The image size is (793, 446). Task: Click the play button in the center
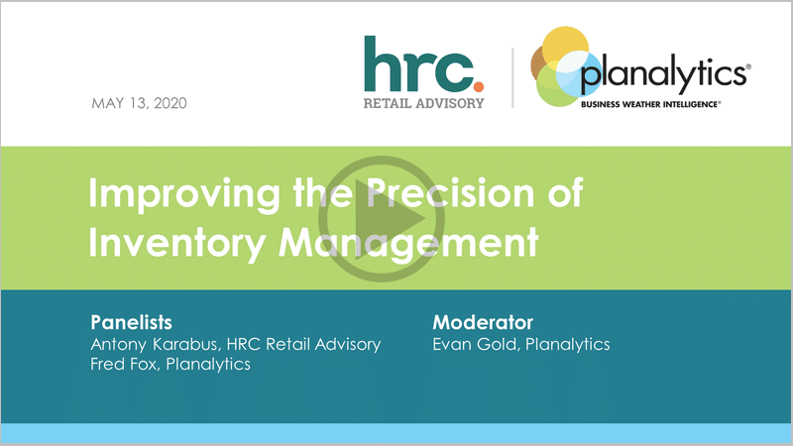pyautogui.click(x=382, y=219)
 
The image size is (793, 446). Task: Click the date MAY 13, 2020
pyautogui.click(x=139, y=103)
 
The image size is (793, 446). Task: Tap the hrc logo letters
pyautogui.click(x=419, y=63)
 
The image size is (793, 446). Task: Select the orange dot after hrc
pyautogui.click(x=479, y=87)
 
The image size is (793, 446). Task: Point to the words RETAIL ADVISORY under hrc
pyautogui.click(x=424, y=103)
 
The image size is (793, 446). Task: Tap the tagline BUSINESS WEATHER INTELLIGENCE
pyautogui.click(x=650, y=104)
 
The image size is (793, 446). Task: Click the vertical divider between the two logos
pyautogui.click(x=512, y=78)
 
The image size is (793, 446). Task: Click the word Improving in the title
pyautogui.click(x=184, y=194)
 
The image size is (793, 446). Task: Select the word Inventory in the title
pyautogui.click(x=177, y=243)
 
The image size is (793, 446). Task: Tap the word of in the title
pyautogui.click(x=565, y=192)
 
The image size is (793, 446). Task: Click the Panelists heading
pyautogui.click(x=132, y=322)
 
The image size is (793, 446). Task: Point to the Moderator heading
pyautogui.click(x=483, y=322)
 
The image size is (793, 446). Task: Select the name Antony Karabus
pyautogui.click(x=155, y=344)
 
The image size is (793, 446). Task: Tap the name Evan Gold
pyautogui.click(x=476, y=344)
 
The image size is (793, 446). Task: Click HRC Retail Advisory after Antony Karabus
pyautogui.click(x=303, y=344)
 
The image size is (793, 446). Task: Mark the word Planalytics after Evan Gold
pyautogui.click(x=567, y=345)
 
